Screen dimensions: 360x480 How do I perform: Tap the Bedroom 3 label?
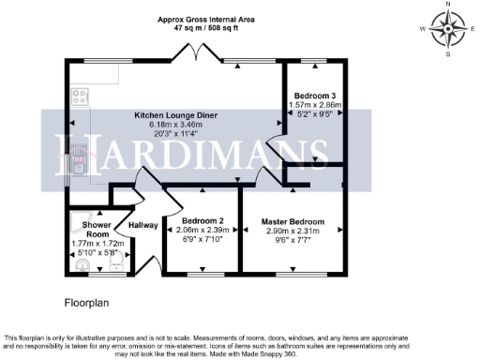pyautogui.click(x=315, y=96)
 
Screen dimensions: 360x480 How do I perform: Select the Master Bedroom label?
pyautogui.click(x=294, y=222)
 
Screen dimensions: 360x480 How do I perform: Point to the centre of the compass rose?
pyautogui.click(x=449, y=29)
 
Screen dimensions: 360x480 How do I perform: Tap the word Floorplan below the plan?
pyautogui.click(x=88, y=305)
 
